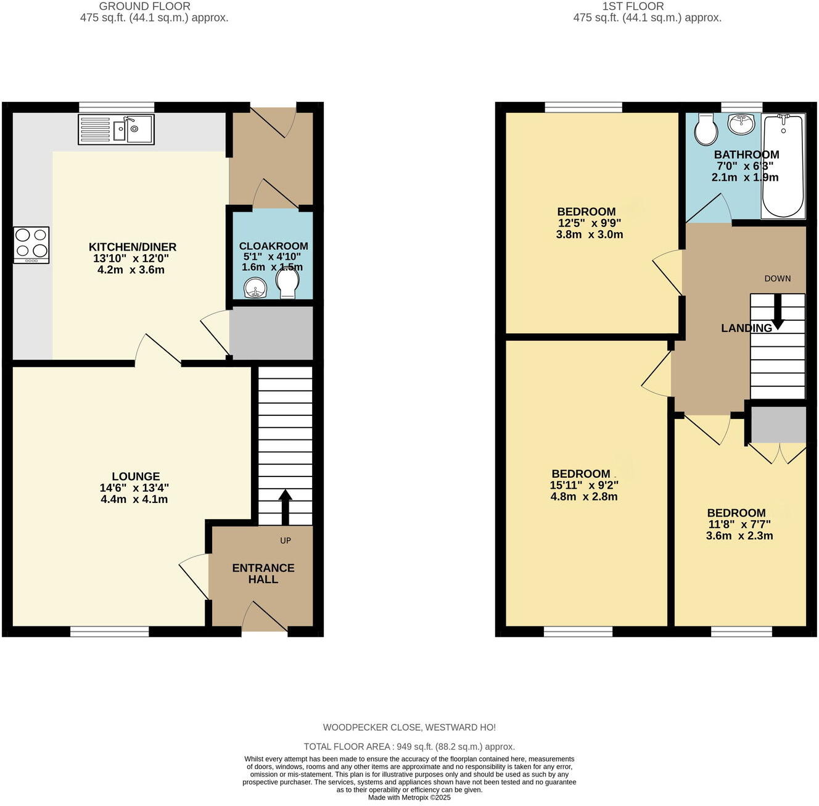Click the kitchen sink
(x=116, y=130)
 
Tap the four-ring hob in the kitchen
(x=31, y=245)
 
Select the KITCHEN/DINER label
(x=133, y=247)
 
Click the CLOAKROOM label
(x=273, y=246)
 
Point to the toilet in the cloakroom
(x=287, y=285)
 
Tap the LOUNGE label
(x=136, y=476)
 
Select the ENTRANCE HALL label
(x=263, y=573)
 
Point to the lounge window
(x=109, y=631)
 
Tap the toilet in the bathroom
(x=705, y=129)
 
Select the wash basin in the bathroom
(x=741, y=124)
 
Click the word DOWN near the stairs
(x=777, y=278)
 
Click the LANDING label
(x=746, y=328)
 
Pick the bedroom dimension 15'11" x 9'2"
(x=584, y=485)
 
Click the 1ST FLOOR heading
(x=633, y=6)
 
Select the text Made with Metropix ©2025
(x=409, y=797)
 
